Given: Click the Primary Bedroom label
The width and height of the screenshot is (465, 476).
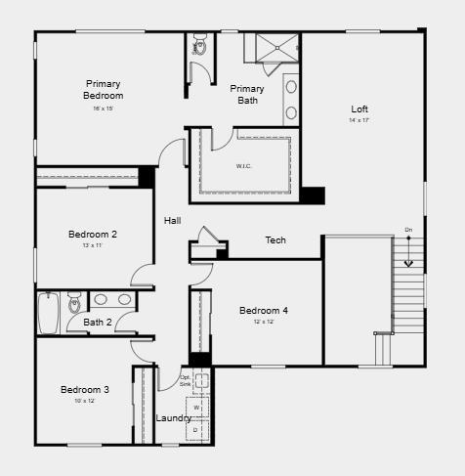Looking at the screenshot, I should point(104,90).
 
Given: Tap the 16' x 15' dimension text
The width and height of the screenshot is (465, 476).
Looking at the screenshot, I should point(104,108).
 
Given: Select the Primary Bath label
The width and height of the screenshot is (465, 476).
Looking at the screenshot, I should point(247,95).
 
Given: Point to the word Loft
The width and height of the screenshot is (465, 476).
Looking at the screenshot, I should point(360,108).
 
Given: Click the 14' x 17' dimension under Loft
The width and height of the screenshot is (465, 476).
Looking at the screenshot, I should point(360,120).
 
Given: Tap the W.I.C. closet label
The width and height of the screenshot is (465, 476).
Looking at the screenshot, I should point(244,165).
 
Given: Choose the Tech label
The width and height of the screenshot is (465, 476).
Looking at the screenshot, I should point(275,240).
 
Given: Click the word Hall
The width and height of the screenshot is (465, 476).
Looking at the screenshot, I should point(173,221).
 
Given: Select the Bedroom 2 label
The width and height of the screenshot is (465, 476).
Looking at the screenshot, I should point(93,234).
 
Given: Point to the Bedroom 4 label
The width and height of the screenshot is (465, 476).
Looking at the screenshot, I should point(264,311).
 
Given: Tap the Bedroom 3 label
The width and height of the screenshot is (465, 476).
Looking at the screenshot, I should point(85,389).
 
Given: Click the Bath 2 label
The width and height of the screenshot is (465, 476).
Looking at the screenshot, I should point(97,322).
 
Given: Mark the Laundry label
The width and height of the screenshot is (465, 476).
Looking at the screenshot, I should point(174,418).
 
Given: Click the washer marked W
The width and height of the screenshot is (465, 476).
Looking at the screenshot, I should point(195,407).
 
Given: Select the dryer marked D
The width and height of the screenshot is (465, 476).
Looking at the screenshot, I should point(195,429).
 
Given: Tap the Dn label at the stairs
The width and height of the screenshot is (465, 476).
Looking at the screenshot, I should point(408,231).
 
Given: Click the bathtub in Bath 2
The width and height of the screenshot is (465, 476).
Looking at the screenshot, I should point(49,312).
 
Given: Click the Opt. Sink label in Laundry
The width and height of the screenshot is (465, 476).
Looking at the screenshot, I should point(186,380).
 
